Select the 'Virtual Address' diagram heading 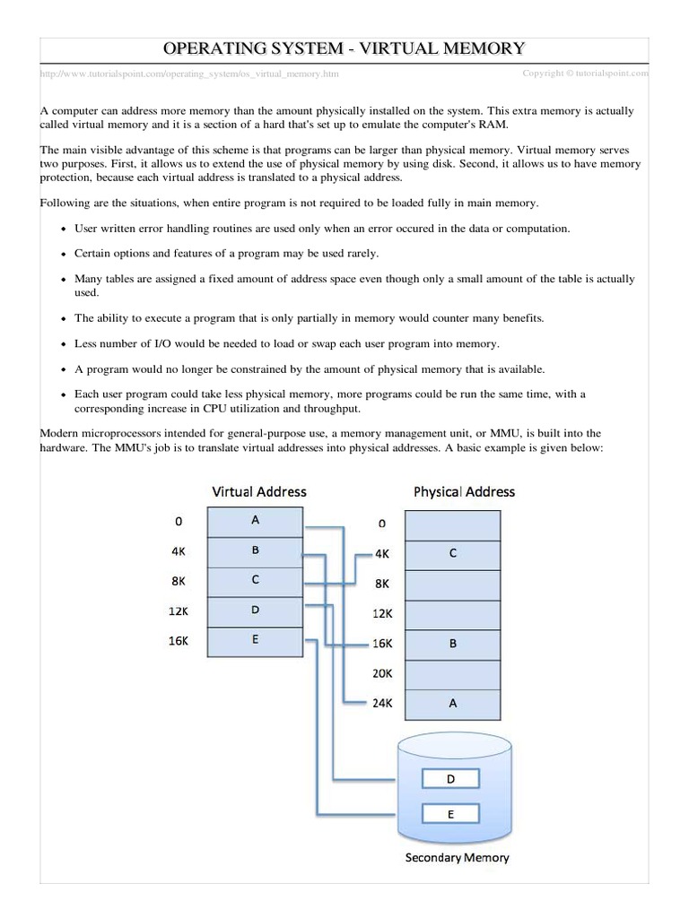258,491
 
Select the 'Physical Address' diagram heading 464,491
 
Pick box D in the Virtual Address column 256,610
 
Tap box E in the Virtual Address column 256,639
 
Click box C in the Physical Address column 453,553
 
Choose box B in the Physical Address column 453,643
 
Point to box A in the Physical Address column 453,703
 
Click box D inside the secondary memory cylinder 450,780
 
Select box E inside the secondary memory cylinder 450,814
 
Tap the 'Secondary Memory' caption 457,857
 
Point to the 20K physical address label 382,673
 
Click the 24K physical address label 382,703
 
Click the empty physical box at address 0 453,524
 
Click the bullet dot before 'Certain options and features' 62,254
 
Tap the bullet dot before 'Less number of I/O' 62,344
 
